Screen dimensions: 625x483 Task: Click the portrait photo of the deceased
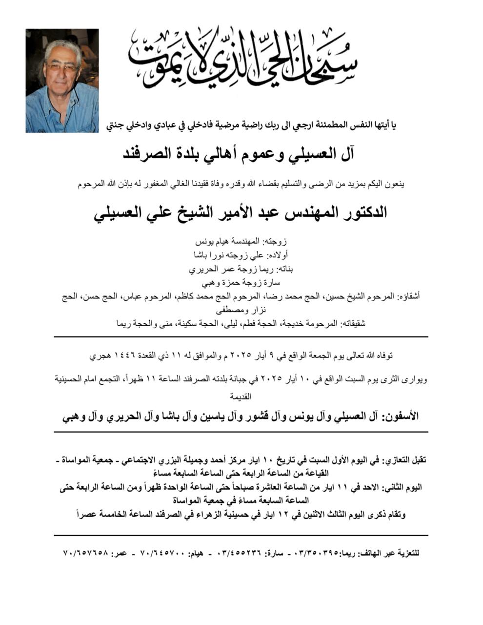(62, 81)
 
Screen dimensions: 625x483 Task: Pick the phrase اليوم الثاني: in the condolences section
(403, 487)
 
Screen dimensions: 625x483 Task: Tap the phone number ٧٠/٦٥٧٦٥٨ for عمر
(85, 553)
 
